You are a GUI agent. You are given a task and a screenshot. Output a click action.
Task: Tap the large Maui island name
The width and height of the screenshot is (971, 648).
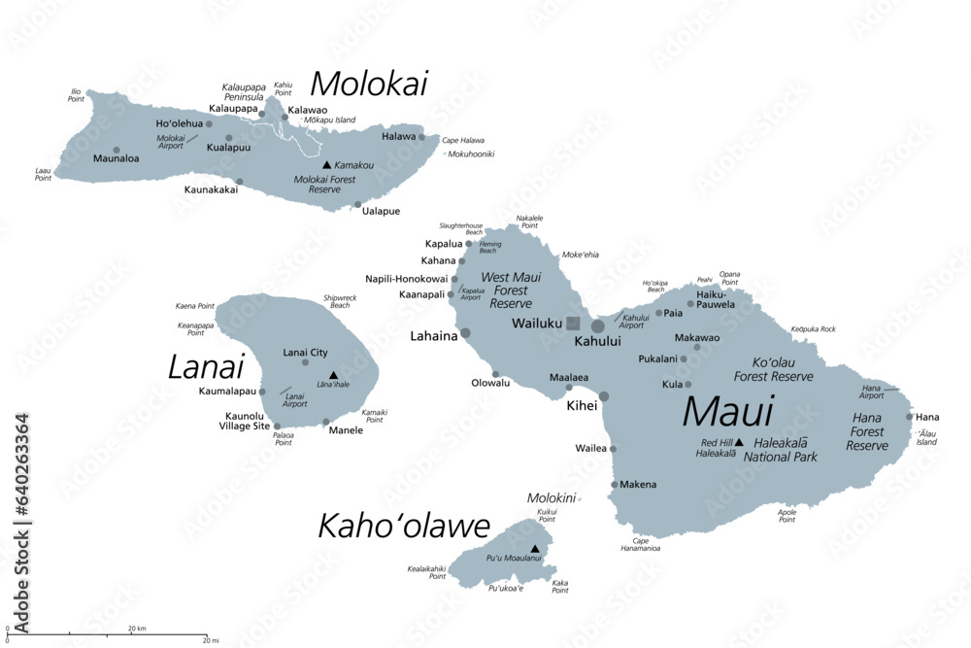tap(728, 412)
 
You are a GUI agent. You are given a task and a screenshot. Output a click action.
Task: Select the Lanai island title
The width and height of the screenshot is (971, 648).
tap(205, 367)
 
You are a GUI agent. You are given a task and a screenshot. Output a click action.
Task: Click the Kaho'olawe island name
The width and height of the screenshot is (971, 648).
tap(404, 527)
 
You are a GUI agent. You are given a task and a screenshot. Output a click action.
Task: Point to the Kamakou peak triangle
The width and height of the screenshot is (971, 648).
tap(326, 165)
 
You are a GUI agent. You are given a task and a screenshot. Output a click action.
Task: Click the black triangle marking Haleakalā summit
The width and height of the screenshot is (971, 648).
tap(738, 442)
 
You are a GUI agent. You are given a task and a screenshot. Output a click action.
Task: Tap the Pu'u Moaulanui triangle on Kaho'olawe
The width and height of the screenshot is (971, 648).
tap(534, 549)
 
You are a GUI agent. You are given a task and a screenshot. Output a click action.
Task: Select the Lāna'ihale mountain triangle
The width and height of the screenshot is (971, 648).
tap(333, 374)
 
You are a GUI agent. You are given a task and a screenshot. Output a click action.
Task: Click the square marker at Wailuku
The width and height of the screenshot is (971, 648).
tap(573, 324)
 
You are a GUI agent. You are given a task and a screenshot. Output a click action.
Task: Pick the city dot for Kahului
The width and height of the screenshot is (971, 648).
tap(598, 326)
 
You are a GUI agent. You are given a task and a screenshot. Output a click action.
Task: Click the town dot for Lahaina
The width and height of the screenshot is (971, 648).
tap(465, 333)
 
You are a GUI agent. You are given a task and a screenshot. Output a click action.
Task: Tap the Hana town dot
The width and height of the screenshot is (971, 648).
tap(910, 417)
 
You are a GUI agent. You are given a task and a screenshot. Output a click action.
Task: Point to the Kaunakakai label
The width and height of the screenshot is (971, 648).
tap(211, 189)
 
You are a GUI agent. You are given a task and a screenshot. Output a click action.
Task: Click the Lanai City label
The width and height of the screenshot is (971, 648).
tap(305, 352)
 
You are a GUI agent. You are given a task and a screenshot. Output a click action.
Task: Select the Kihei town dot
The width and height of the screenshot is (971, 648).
tap(604, 396)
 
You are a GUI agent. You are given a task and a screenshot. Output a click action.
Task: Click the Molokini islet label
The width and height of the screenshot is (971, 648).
tap(552, 497)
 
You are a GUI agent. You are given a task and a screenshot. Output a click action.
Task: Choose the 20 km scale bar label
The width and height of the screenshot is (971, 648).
tap(136, 630)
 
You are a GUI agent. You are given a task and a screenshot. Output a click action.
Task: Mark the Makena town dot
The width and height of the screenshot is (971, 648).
tap(614, 484)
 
